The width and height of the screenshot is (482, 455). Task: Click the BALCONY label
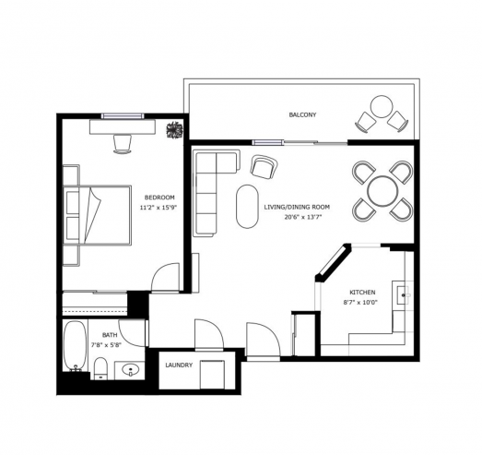302,114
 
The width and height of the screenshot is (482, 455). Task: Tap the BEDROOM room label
159,198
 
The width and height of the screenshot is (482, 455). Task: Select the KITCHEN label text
362,293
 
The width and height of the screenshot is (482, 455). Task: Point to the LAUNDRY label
179,365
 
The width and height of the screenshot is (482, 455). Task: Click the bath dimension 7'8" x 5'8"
107,345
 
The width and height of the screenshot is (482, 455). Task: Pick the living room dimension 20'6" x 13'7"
303,217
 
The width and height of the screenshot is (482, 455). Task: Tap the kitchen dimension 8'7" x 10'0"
360,303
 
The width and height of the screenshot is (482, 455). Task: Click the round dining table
382,191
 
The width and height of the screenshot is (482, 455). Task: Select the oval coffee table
247,206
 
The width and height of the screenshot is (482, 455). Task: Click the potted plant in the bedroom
174,130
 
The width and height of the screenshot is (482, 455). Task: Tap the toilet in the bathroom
100,368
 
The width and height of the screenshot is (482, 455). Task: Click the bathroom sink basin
131,370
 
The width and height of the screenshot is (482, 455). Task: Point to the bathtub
75,345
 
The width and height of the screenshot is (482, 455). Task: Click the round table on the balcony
382,106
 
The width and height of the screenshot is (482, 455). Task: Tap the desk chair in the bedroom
123,143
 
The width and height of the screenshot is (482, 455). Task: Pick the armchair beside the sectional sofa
264,167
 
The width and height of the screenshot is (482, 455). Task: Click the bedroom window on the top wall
123,116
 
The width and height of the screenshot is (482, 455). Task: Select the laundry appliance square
212,375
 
